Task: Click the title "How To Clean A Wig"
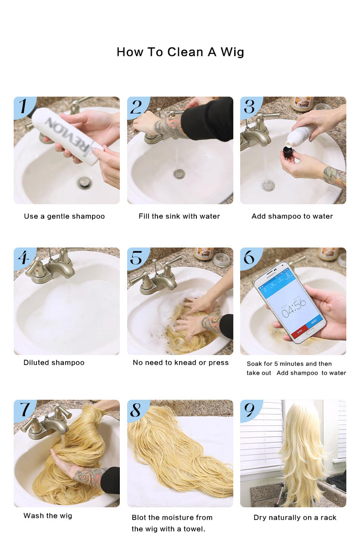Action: tap(180, 52)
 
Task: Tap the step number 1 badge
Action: tap(24, 107)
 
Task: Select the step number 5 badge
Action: tap(138, 258)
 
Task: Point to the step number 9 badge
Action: tap(250, 410)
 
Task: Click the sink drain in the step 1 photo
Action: tap(84, 183)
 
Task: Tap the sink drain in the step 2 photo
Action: tap(179, 174)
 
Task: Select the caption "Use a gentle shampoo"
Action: tap(64, 217)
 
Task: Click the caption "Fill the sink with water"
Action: tap(179, 217)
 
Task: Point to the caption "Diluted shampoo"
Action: tap(54, 362)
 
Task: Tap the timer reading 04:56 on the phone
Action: tap(293, 308)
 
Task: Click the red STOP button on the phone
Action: tap(299, 331)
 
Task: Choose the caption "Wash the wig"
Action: tap(48, 516)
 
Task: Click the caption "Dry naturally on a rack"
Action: tap(295, 517)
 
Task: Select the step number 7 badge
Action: tap(24, 410)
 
